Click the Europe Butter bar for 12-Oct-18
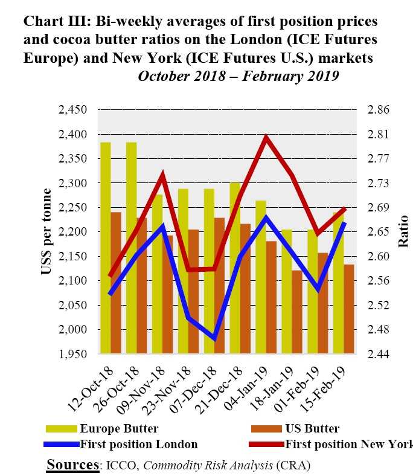(106, 248)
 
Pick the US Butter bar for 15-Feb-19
(349, 309)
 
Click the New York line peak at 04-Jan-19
(265, 138)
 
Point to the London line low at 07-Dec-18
(214, 338)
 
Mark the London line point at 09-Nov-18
(162, 227)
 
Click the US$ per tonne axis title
(46, 231)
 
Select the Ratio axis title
(403, 231)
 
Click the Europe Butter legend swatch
(62, 429)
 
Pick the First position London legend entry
(139, 445)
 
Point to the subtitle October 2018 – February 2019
(239, 77)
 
